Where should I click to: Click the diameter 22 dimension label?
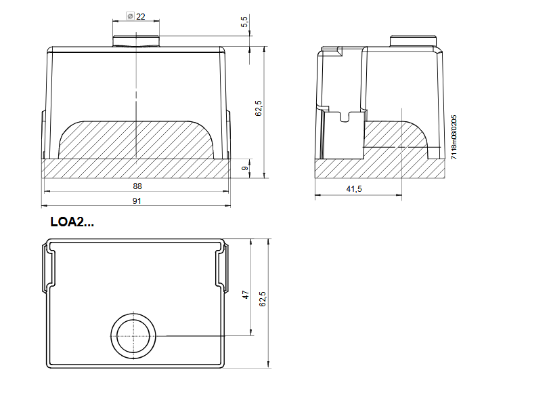click(x=136, y=16)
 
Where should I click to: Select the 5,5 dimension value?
click(x=244, y=21)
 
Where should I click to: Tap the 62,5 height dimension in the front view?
click(x=259, y=108)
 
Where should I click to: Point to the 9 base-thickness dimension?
click(x=245, y=168)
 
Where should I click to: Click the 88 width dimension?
click(x=137, y=186)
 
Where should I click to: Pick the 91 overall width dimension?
click(x=137, y=201)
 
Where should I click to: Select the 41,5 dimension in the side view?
click(x=354, y=189)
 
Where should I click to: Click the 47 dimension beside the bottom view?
click(x=246, y=295)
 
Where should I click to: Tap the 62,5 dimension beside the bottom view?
click(x=263, y=299)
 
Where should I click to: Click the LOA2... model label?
click(x=72, y=222)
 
